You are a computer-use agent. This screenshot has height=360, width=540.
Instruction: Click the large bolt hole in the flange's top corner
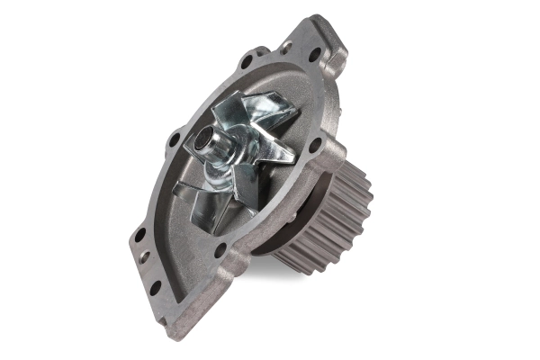pos(313,55)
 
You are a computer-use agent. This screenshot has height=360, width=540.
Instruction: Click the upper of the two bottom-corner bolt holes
pos(139,236)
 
